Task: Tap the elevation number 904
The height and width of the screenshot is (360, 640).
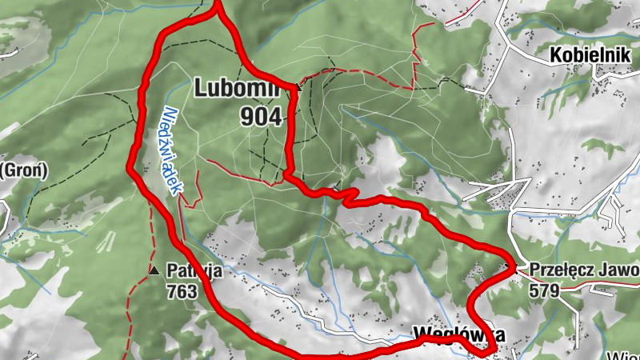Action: pyautogui.click(x=261, y=118)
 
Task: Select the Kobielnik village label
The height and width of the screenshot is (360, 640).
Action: pyautogui.click(x=590, y=57)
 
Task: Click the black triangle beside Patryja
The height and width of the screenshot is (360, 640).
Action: pyautogui.click(x=153, y=271)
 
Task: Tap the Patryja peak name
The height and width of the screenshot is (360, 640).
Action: pyautogui.click(x=194, y=272)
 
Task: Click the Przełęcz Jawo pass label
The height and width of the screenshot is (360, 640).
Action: pyautogui.click(x=579, y=270)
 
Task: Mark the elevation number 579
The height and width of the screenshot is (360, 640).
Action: pyautogui.click(x=544, y=290)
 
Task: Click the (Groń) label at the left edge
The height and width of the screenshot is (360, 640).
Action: pyautogui.click(x=24, y=170)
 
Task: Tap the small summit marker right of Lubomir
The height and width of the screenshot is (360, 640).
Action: pyautogui.click(x=298, y=86)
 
